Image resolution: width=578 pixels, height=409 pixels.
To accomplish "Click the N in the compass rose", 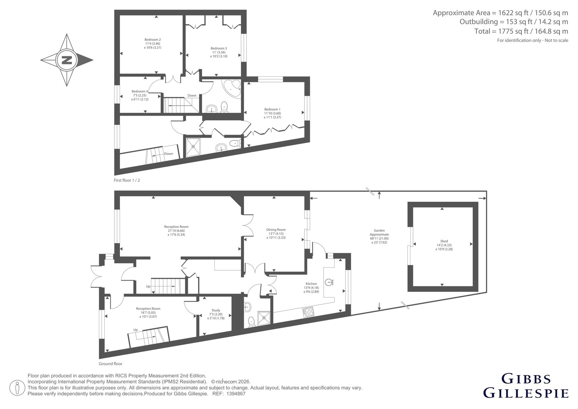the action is [67, 60].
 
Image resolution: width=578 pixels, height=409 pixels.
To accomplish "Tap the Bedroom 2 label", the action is [152, 39].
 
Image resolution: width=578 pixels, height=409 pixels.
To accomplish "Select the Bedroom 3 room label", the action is [219, 48].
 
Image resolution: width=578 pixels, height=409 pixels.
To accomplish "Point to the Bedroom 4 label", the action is [139, 91].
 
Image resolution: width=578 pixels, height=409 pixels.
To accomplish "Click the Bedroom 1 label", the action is [272, 109].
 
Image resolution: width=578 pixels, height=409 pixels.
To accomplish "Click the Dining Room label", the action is [276, 229].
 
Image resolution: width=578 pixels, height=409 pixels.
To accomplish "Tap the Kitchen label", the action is [311, 284].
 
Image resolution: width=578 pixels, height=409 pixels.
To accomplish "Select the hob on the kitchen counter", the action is [309, 312].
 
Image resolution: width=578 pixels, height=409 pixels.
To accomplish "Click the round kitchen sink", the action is [328, 282].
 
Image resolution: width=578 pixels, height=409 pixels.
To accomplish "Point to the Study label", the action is [216, 310].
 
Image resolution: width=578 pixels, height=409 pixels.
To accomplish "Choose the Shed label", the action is [444, 241].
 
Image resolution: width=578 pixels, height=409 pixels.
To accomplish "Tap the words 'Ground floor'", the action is [111, 364].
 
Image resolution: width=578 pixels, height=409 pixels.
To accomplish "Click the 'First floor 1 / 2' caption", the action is [127, 180].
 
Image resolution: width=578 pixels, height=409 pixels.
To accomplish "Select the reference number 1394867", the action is [236, 394].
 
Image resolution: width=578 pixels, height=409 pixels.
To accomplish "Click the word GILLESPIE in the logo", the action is [526, 393].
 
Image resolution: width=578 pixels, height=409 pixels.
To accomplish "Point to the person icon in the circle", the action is [17, 388].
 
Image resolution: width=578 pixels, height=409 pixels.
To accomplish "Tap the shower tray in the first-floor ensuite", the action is [193, 147].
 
